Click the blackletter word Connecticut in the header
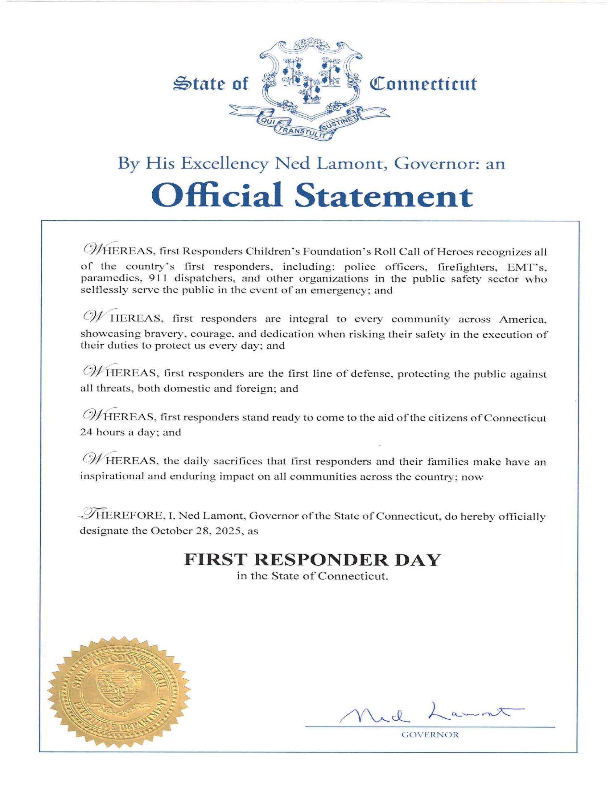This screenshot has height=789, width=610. [x=422, y=84]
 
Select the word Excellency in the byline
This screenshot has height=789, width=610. [x=225, y=164]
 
